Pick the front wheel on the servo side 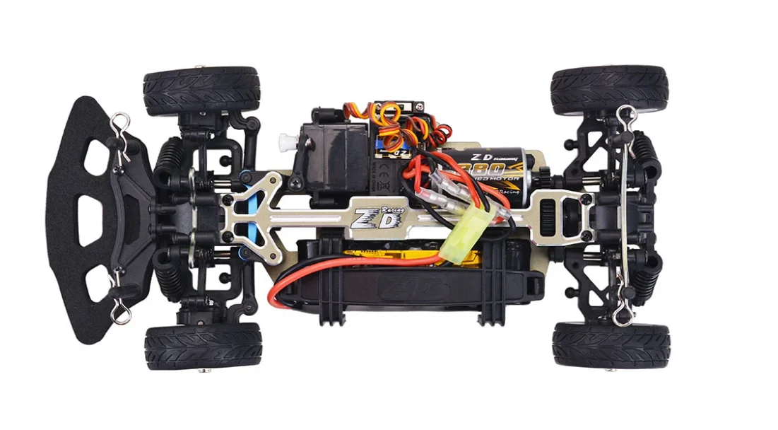pyautogui.click(x=201, y=91)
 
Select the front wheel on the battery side pyautogui.click(x=203, y=346)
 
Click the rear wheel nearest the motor pyautogui.click(x=608, y=90)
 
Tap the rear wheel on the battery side pyautogui.click(x=611, y=344)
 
